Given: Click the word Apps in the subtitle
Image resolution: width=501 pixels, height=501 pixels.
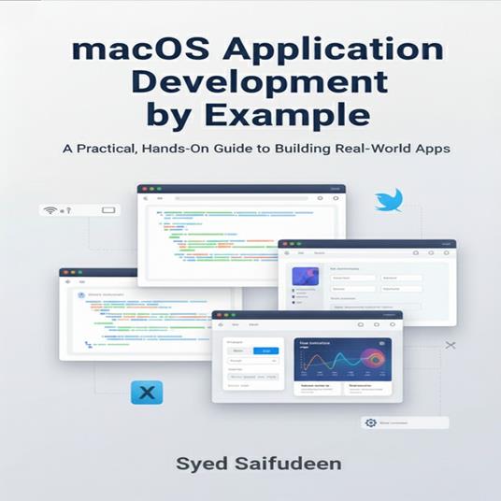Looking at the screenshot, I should (x=432, y=149).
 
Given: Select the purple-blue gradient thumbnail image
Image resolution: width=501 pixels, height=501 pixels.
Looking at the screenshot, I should (x=305, y=279).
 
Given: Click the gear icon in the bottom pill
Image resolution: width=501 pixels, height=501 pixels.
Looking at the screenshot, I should (x=371, y=422).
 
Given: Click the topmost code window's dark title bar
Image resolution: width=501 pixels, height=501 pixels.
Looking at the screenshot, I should (x=240, y=189).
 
